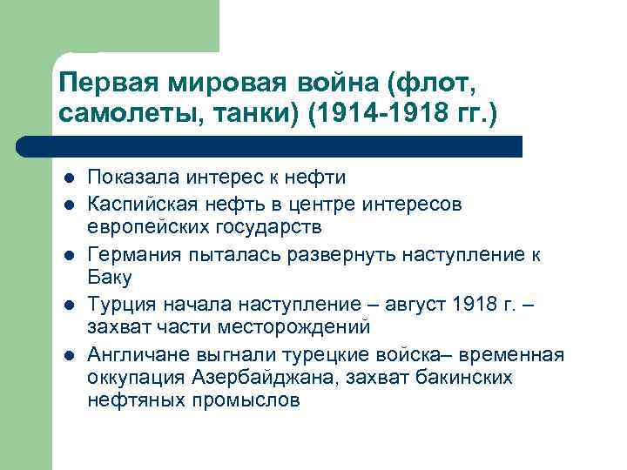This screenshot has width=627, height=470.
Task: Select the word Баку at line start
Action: [109, 278]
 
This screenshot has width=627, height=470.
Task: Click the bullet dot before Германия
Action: [68, 255]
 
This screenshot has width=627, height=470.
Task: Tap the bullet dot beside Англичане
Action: [68, 355]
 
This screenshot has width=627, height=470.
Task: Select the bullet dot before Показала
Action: [68, 179]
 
